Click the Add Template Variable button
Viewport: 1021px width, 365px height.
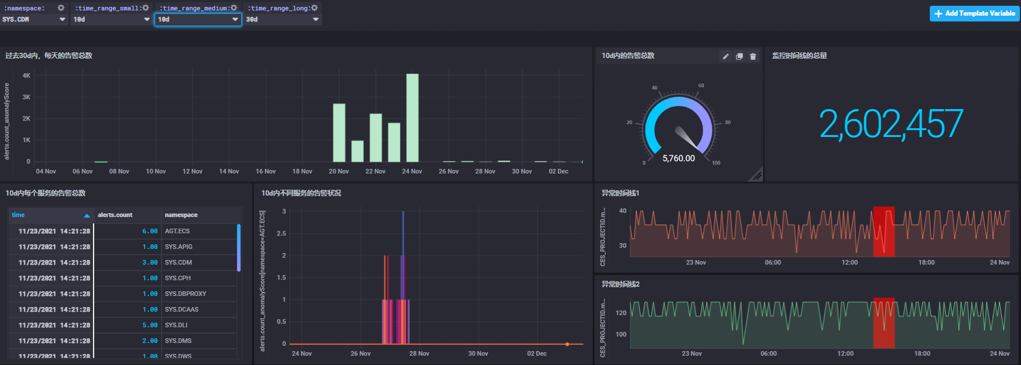click(x=975, y=13)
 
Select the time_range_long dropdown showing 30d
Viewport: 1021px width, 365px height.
click(x=282, y=19)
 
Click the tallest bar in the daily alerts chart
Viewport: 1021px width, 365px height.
click(x=412, y=118)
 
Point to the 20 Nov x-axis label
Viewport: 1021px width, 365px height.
click(x=339, y=171)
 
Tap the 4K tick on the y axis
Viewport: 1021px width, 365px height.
click(x=26, y=75)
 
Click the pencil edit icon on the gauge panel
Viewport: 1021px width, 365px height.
click(x=726, y=56)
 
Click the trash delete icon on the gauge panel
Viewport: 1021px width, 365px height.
click(x=753, y=56)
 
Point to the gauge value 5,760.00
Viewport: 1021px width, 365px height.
click(x=679, y=158)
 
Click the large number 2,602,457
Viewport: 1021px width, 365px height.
click(x=891, y=124)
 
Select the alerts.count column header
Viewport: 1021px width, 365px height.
click(x=115, y=215)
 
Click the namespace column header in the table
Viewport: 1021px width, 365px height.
click(x=181, y=215)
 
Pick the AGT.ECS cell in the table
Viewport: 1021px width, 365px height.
click(x=177, y=231)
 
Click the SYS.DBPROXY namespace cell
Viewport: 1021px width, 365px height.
click(x=185, y=294)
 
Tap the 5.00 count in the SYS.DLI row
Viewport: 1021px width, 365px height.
click(x=150, y=325)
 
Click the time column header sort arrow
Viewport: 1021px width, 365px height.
click(x=87, y=215)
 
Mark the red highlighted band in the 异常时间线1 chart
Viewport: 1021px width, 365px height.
click(x=884, y=232)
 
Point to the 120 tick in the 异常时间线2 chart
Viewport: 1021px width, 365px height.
click(x=621, y=313)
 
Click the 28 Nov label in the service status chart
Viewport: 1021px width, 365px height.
click(x=419, y=353)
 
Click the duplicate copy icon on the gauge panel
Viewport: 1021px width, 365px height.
click(x=739, y=56)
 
